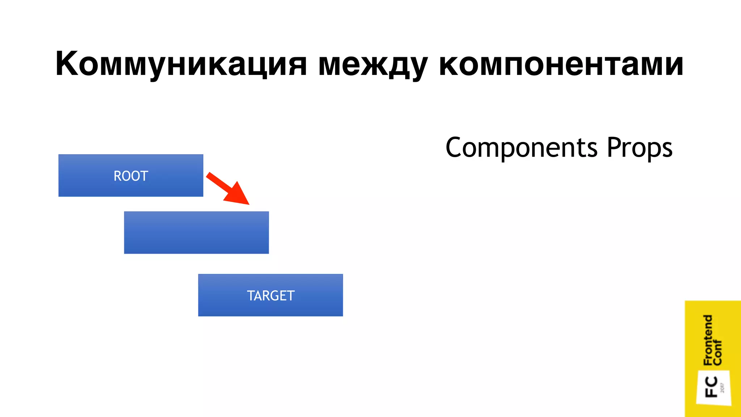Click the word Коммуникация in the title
pos(181,64)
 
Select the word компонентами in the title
pos(561,64)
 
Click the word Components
pos(521,148)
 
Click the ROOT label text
pos(131,176)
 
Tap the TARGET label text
pos(271,296)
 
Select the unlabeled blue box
pos(196,232)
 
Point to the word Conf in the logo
pos(717,353)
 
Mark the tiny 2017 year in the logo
pos(723,388)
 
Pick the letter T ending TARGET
pos(290,296)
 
